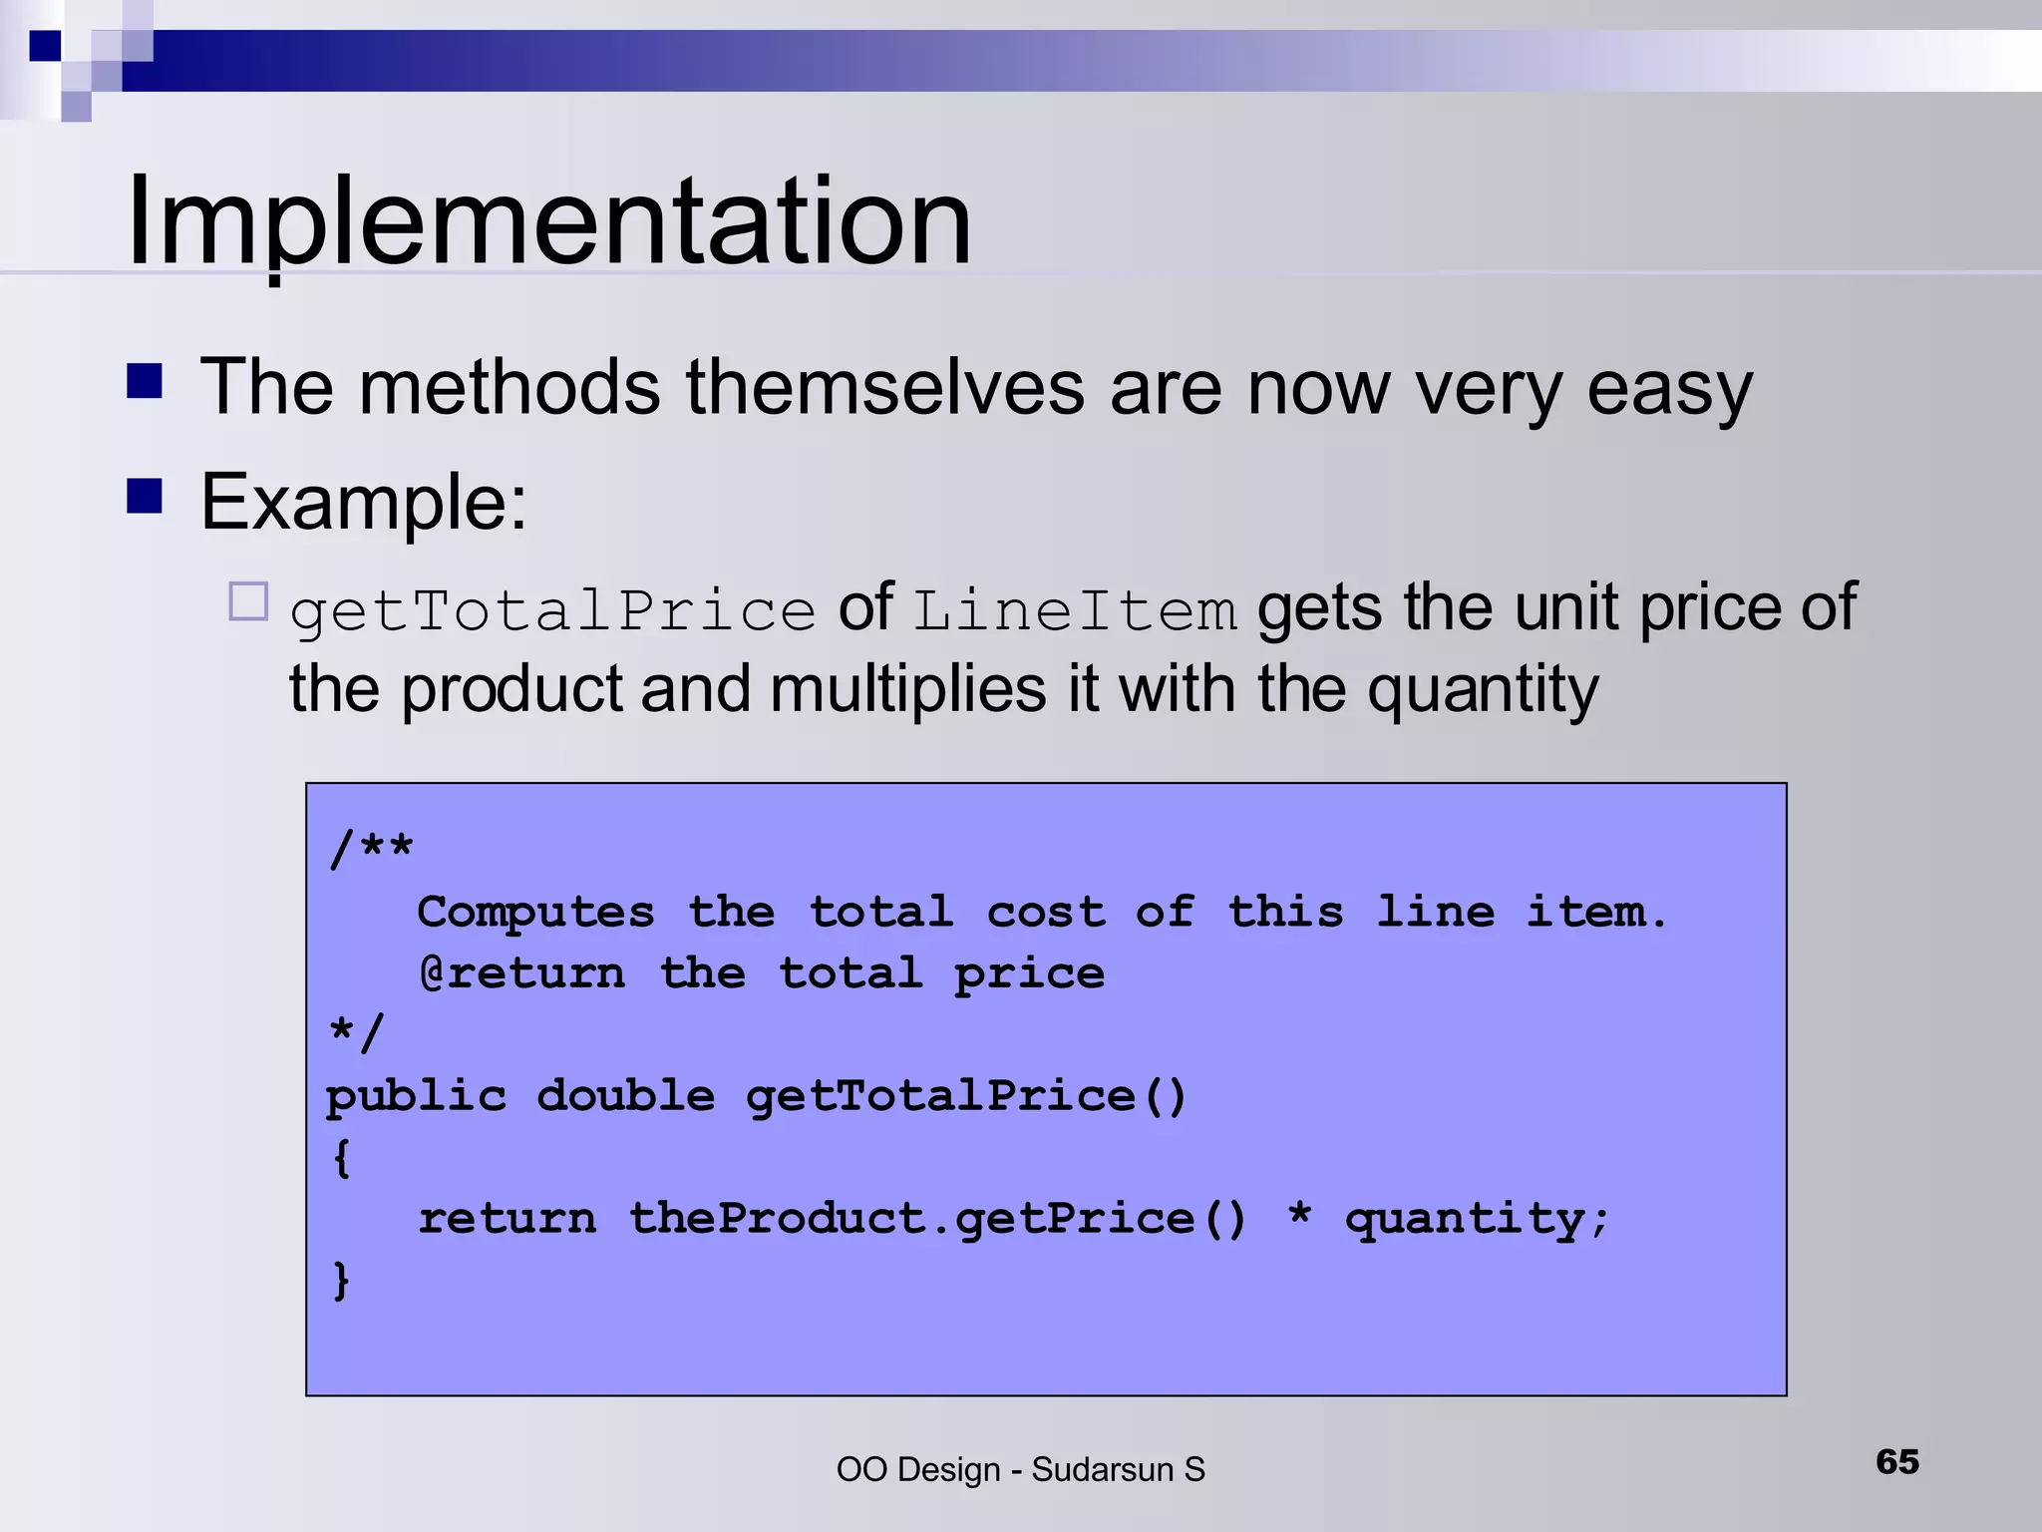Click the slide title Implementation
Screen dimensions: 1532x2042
click(548, 221)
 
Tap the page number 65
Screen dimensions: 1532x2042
click(1896, 1461)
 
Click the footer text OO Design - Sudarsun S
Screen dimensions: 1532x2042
click(1020, 1469)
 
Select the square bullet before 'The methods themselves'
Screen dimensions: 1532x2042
click(145, 381)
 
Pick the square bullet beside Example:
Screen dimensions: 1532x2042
click(145, 496)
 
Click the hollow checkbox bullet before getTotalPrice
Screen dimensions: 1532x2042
click(248, 601)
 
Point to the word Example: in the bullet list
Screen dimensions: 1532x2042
click(363, 502)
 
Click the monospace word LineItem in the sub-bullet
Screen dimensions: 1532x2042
click(1075, 610)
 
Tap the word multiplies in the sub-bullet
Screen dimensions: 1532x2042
click(907, 690)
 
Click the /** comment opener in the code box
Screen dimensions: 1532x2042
click(371, 849)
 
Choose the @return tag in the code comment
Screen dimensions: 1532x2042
click(521, 973)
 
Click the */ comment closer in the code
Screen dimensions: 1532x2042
click(355, 1033)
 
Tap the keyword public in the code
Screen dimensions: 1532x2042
click(416, 1097)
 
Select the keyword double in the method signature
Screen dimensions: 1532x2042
click(625, 1096)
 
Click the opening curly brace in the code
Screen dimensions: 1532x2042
click(341, 1158)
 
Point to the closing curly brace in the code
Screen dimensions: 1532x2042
click(341, 1281)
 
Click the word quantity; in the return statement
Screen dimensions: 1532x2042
click(1476, 1220)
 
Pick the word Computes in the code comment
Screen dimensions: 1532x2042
click(535, 913)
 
